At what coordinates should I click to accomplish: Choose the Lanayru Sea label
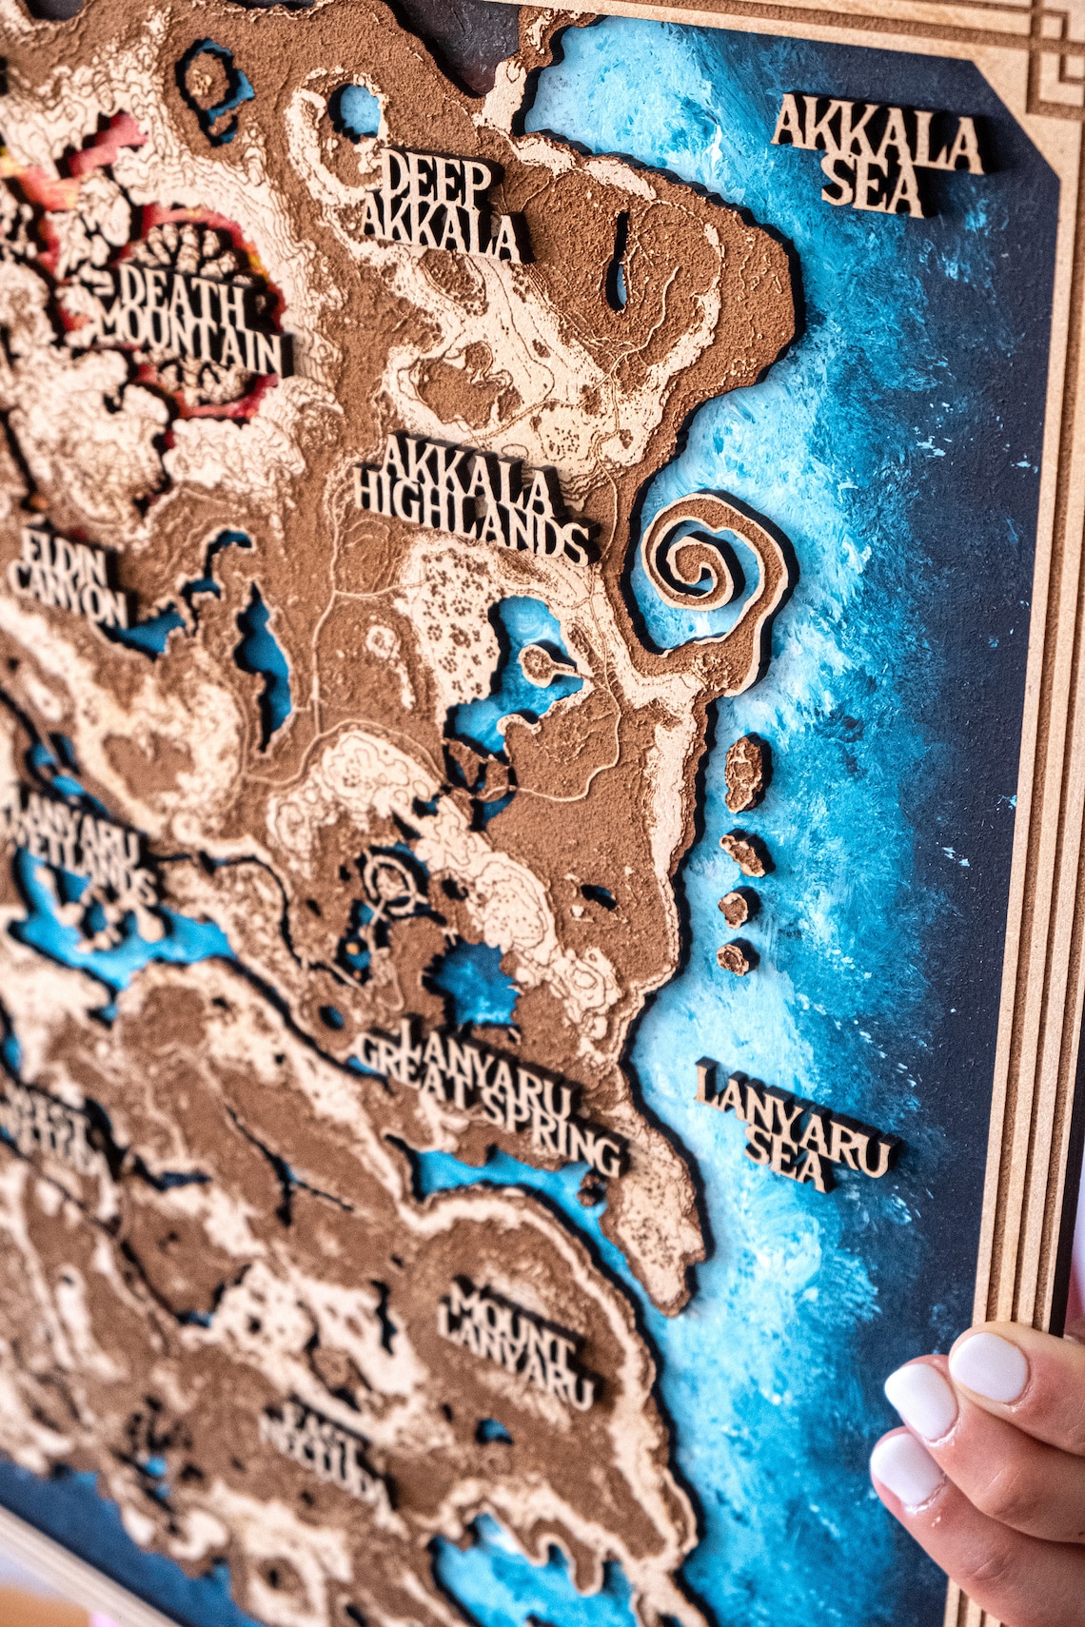point(795,1123)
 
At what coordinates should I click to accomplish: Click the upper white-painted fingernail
point(990,1365)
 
